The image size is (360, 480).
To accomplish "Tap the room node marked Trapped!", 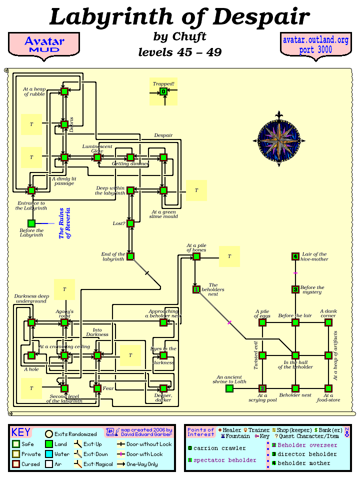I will (x=163, y=91).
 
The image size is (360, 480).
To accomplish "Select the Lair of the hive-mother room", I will (x=295, y=256).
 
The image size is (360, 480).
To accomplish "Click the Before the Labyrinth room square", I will (x=31, y=223).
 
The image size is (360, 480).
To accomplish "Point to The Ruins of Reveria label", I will (x=65, y=223).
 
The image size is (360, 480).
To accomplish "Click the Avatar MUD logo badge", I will (x=44, y=44).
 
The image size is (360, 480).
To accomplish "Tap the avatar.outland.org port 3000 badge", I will (x=315, y=44).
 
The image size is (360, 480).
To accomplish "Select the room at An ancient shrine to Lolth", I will (x=229, y=388).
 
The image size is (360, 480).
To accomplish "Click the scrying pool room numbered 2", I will (x=262, y=388).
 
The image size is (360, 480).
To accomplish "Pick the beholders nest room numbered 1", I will (x=196, y=289).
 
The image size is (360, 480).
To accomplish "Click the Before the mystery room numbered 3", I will (x=295, y=289).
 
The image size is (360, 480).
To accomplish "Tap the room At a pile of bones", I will (x=196, y=256).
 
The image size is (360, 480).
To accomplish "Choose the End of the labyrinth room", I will (x=130, y=256).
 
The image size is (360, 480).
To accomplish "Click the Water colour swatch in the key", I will (x=49, y=453).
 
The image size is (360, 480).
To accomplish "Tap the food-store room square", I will (x=328, y=388).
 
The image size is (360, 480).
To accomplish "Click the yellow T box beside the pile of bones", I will (x=229, y=256).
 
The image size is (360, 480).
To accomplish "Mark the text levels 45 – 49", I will (x=179, y=52).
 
